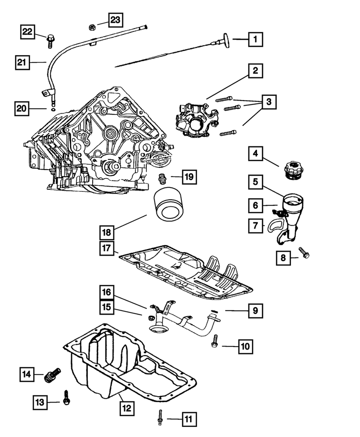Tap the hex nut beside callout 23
(x=93, y=27)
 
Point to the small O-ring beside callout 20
(x=53, y=110)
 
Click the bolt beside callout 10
(x=215, y=342)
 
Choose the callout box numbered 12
(x=125, y=409)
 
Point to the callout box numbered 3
(x=269, y=103)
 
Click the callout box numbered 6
(x=256, y=205)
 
